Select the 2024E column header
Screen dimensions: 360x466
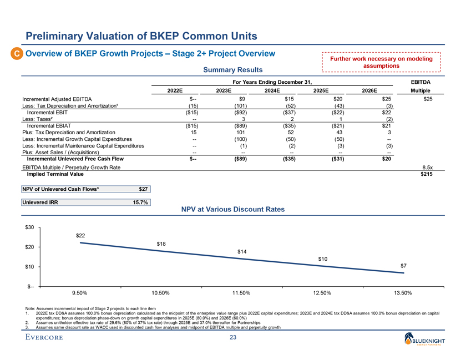(x=272, y=91)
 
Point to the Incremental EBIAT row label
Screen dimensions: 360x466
(x=54, y=126)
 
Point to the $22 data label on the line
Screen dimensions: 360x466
(x=82, y=236)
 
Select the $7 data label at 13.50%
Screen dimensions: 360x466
(x=410, y=266)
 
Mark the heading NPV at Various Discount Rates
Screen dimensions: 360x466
(x=233, y=210)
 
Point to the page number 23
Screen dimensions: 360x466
(x=233, y=338)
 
